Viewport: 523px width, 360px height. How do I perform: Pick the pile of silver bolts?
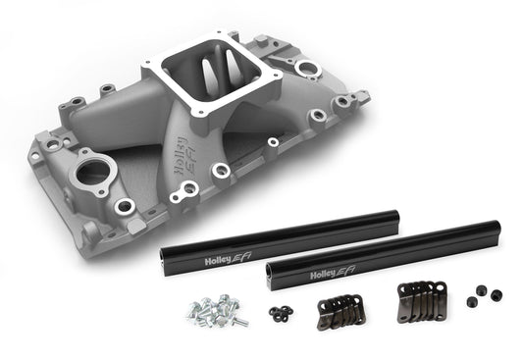point(214,310)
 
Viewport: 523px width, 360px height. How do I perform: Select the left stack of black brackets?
point(339,305)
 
